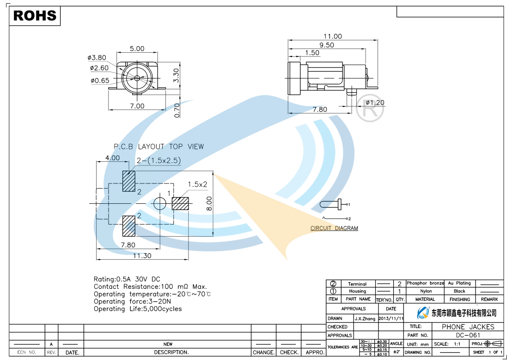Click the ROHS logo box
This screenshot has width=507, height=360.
click(x=35, y=16)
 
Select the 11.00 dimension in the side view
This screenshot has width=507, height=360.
click(x=332, y=37)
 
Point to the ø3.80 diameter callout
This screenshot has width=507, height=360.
click(x=97, y=58)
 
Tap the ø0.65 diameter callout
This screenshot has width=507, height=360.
click(x=100, y=81)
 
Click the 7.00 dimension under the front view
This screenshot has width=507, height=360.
click(x=137, y=106)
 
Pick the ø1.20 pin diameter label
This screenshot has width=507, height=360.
click(x=375, y=103)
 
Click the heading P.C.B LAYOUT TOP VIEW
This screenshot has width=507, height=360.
click(x=159, y=146)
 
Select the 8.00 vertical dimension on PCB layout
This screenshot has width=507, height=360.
click(x=208, y=203)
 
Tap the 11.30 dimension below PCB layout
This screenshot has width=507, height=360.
click(x=142, y=256)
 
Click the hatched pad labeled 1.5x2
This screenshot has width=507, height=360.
click(x=181, y=203)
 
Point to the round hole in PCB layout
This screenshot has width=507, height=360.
click(x=159, y=203)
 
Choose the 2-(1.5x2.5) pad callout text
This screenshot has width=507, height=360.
click(x=158, y=160)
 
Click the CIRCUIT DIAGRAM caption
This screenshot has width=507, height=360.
click(x=334, y=228)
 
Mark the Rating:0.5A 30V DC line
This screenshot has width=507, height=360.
click(x=127, y=279)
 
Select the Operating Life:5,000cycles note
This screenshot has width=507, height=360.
click(x=138, y=309)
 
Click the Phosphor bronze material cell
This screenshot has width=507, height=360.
click(x=425, y=283)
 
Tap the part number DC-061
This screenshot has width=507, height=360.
click(x=468, y=335)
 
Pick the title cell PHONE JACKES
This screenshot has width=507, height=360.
click(x=468, y=327)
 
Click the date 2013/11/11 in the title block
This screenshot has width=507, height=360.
click(x=391, y=318)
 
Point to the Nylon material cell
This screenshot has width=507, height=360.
click(x=426, y=291)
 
